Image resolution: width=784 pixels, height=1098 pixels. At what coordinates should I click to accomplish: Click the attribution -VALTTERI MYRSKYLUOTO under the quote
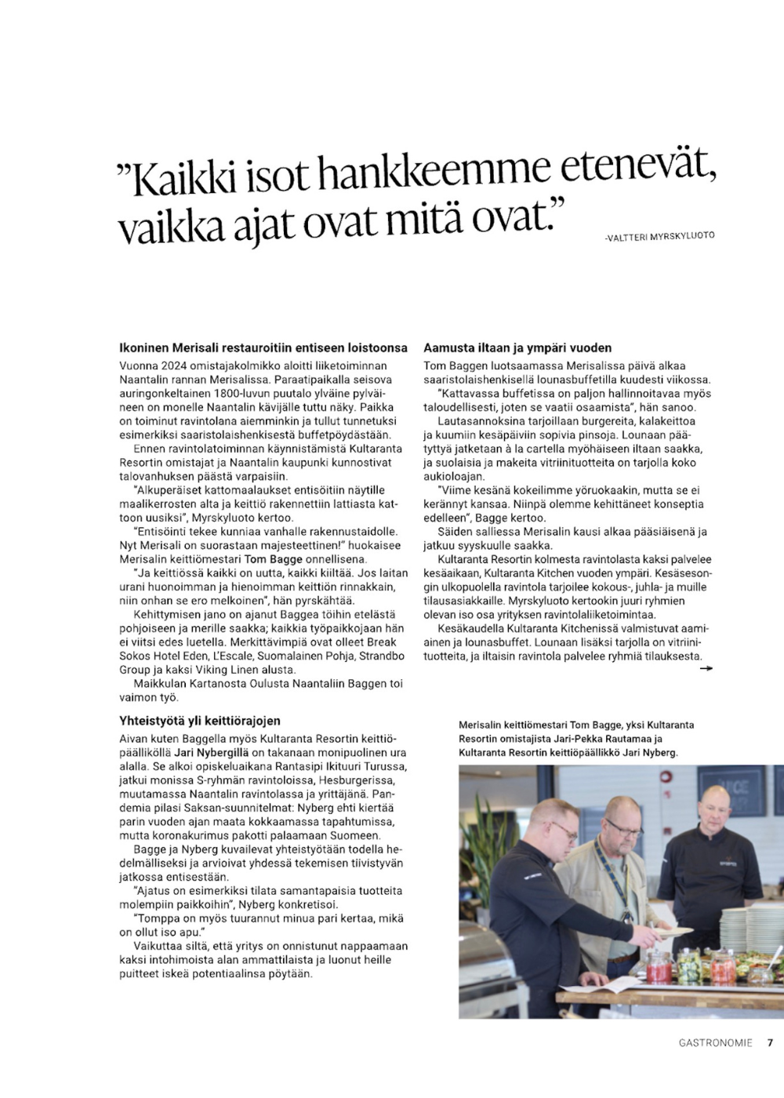tap(659, 236)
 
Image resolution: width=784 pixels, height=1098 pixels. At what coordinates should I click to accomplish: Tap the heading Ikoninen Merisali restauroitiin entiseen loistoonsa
tap(263, 347)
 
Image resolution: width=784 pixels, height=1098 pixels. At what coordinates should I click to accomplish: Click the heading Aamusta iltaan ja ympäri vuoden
tap(517, 347)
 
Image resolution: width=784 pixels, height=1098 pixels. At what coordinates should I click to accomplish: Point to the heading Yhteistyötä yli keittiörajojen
tap(200, 721)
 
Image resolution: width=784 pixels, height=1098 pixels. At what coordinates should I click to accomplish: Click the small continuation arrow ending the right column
tap(706, 668)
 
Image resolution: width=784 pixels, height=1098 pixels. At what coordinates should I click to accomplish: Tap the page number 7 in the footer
tap(770, 1043)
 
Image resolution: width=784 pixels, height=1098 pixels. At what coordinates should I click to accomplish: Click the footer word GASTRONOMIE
tap(715, 1043)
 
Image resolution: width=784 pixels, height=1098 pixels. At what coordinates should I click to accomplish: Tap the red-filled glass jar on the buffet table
tap(658, 969)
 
